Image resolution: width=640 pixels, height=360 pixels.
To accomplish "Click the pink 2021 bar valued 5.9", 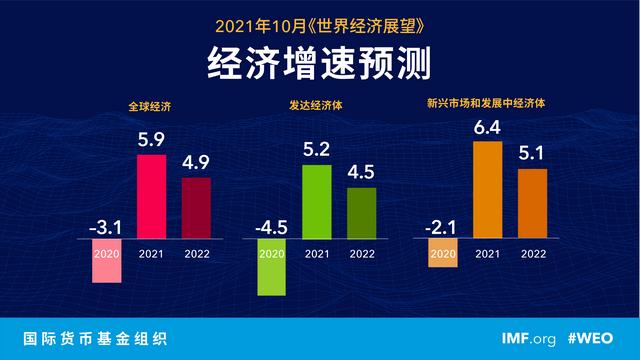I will coord(151,197).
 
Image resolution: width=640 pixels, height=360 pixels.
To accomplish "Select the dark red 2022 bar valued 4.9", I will coord(197,209).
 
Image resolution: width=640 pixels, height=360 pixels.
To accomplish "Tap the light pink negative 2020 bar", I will coord(106,262).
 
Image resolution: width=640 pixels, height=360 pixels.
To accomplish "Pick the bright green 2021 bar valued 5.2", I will coord(316,202).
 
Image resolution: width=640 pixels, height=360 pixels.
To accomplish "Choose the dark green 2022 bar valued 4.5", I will coord(361,213).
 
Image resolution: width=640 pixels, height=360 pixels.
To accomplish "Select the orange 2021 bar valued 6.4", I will coord(488,190).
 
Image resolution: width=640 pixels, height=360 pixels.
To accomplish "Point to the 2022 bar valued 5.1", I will coord(533,204).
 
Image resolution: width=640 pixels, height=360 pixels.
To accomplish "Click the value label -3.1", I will coord(105,227).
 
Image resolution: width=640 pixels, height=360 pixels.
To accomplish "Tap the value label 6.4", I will coord(488,127).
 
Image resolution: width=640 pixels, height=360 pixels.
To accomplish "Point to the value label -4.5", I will coord(270,227).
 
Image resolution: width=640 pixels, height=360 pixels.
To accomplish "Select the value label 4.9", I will coord(197,164).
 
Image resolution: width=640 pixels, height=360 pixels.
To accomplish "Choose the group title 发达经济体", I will coord(312,104).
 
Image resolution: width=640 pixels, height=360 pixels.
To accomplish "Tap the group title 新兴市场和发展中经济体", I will coord(486,104).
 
